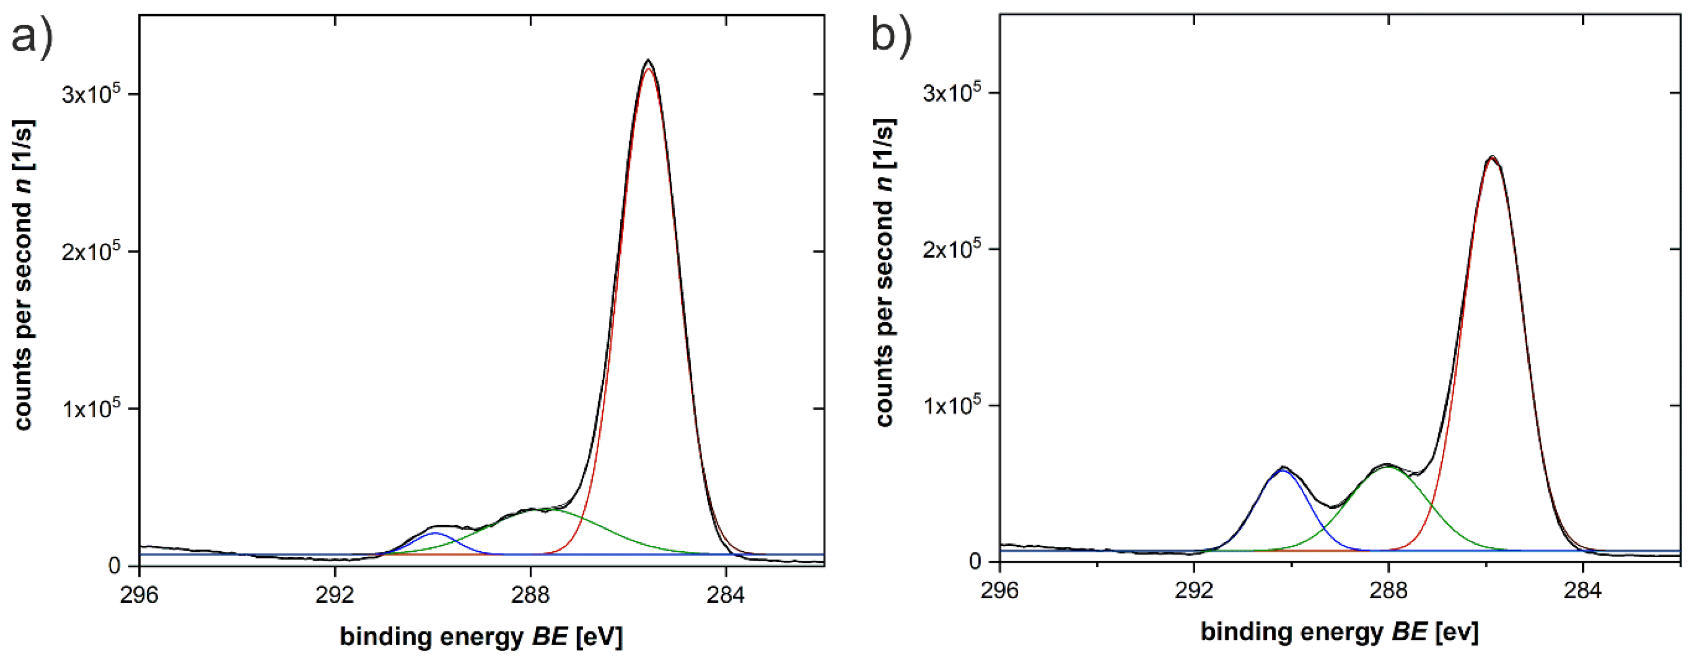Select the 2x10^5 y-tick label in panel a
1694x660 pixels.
pyautogui.click(x=92, y=251)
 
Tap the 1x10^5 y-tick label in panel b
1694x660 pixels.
pyautogui.click(x=952, y=405)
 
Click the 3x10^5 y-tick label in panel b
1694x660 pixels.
pyautogui.click(x=952, y=92)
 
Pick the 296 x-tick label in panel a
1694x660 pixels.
pyautogui.click(x=139, y=594)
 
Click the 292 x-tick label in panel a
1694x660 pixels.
pyautogui.click(x=335, y=594)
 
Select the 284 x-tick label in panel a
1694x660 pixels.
pyautogui.click(x=726, y=594)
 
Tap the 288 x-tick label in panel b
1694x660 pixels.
pyautogui.click(x=1388, y=591)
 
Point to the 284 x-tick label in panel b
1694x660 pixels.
pyautogui.click(x=1583, y=591)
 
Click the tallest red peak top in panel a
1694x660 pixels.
pyautogui.click(x=649, y=69)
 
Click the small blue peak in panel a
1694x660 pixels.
pyautogui.click(x=434, y=533)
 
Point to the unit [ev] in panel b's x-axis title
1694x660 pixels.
pyautogui.click(x=1457, y=632)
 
